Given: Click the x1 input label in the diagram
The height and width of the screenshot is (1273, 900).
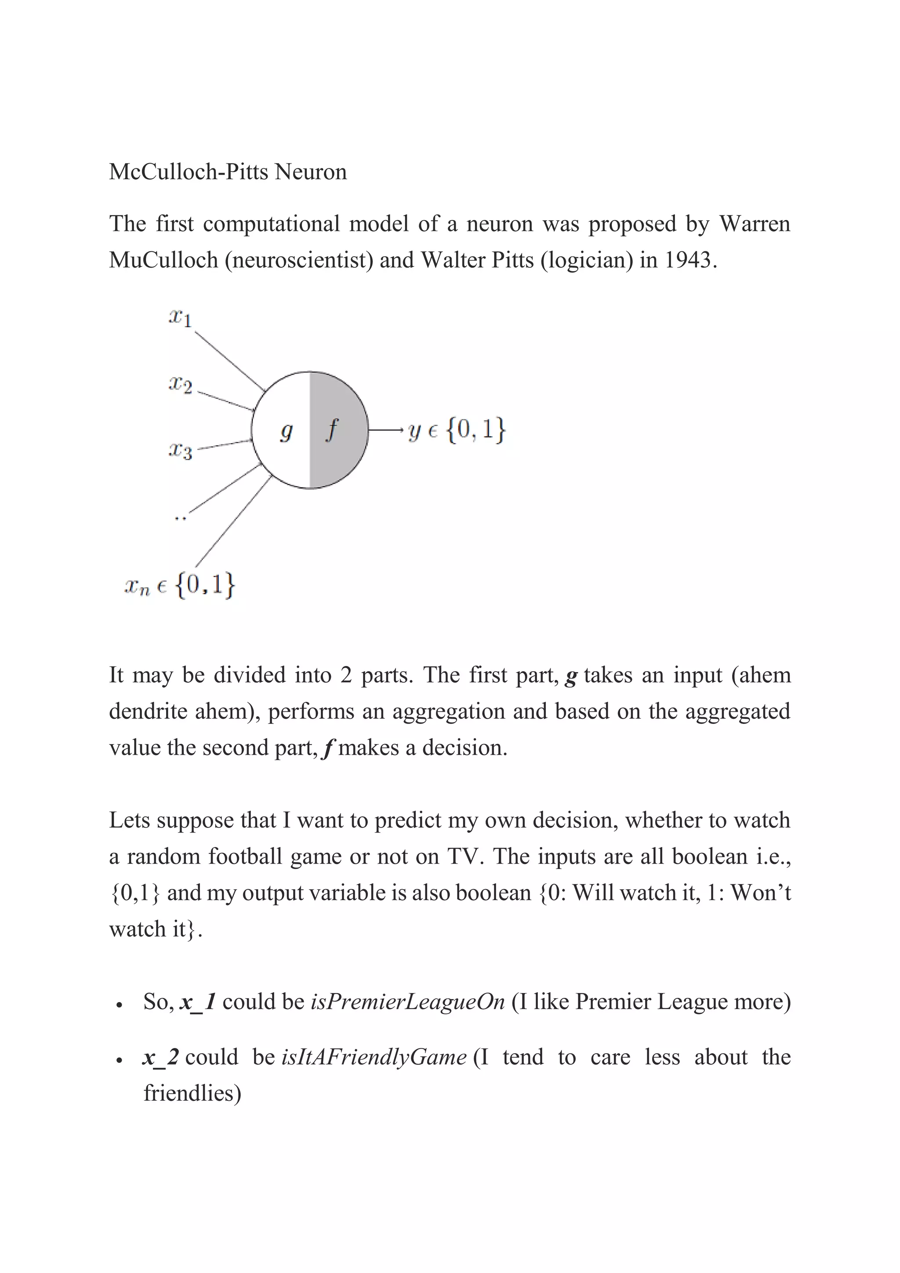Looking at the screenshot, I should [180, 318].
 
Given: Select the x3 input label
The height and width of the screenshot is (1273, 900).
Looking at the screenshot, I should [181, 451].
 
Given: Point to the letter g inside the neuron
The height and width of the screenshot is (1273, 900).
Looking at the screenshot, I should [286, 431].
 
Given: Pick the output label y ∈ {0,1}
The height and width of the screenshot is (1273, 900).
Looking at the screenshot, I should [457, 430].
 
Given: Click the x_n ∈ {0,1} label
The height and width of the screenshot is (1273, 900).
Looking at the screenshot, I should [180, 586].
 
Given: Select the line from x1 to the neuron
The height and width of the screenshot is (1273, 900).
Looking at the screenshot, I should [229, 360].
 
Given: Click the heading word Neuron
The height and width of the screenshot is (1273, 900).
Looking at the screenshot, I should [311, 172].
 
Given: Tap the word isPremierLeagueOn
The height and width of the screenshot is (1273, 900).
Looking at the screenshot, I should [408, 1002].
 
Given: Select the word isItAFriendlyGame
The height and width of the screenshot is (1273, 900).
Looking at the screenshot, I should [374, 1057].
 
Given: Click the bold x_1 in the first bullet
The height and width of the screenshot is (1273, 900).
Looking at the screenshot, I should [198, 1002].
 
